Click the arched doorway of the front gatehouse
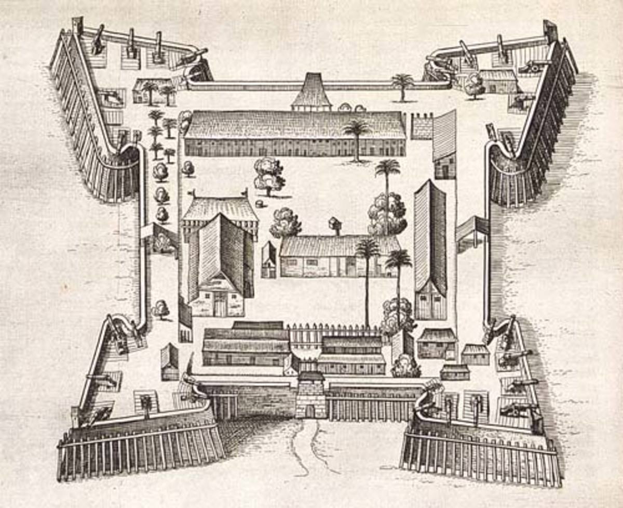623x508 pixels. pos(310,411)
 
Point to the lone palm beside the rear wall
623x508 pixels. pos(402,86)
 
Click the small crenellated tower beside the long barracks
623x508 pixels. pos(422,126)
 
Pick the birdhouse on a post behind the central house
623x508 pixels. pos(335,225)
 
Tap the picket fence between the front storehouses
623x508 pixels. pos(332,334)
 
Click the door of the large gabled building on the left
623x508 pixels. pos(221,305)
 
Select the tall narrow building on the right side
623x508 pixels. pos(430,250)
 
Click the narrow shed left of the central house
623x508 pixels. pos(268,259)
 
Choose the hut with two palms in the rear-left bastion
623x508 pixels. pos(153,90)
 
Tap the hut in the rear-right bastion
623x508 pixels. pos(498,81)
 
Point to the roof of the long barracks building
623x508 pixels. pos(294,125)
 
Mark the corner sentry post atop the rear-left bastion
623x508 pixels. pos(78,24)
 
